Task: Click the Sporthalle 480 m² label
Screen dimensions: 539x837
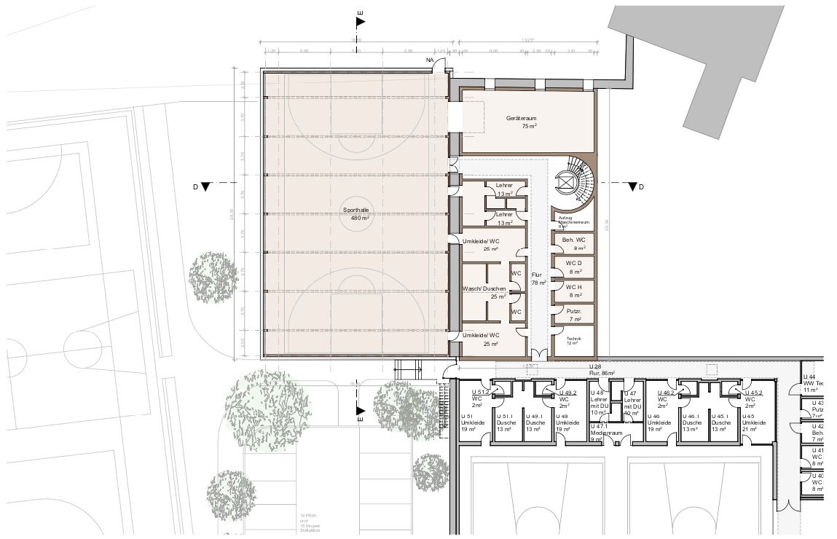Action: click(x=356, y=213)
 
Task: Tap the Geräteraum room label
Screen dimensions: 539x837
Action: click(x=522, y=122)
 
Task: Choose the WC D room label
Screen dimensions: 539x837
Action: click(x=574, y=267)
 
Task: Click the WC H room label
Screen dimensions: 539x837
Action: click(x=574, y=291)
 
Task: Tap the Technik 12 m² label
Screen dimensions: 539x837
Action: click(x=574, y=341)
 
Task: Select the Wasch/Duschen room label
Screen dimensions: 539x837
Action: click(x=484, y=292)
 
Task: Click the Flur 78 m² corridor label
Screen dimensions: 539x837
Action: click(x=538, y=278)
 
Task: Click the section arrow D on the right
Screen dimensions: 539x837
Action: click(x=633, y=187)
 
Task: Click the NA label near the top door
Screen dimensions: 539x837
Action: click(x=430, y=60)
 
